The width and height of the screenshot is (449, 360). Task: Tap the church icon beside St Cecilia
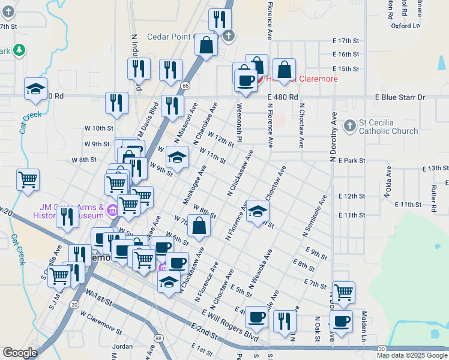[350, 126]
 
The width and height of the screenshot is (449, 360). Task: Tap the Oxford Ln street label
[405, 26]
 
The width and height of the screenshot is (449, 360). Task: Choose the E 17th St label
[345, 41]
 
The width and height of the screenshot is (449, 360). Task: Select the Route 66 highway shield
[187, 86]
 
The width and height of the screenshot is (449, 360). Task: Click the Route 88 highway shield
[157, 338]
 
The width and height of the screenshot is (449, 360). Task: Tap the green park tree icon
[19, 50]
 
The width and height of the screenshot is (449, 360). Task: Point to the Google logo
[20, 353]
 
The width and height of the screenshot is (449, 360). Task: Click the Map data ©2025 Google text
[412, 355]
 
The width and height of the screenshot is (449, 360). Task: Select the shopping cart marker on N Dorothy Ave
[344, 292]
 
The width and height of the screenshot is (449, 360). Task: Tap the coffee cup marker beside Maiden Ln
[342, 321]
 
